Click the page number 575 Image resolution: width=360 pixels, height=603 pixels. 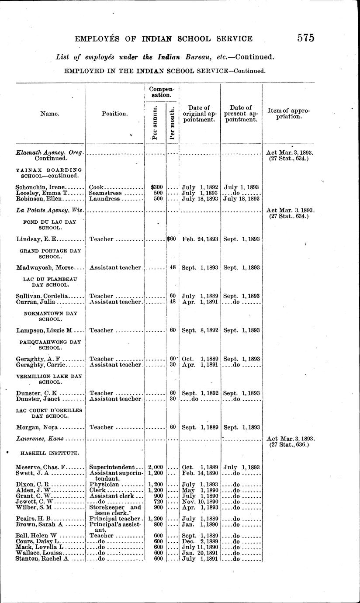tap(306, 38)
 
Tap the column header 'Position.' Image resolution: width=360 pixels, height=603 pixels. tap(115, 114)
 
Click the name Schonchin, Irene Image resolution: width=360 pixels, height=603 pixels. tap(40, 187)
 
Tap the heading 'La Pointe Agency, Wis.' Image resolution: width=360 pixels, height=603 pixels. tap(49, 210)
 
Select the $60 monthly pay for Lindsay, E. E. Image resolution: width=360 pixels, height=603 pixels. tap(171, 239)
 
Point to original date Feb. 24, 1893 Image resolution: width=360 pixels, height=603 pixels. tap(199, 239)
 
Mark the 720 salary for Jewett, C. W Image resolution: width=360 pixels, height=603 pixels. tap(158, 502)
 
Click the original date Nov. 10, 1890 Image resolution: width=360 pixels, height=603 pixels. tap(199, 502)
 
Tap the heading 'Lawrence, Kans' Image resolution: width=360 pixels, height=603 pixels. tap(39, 438)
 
